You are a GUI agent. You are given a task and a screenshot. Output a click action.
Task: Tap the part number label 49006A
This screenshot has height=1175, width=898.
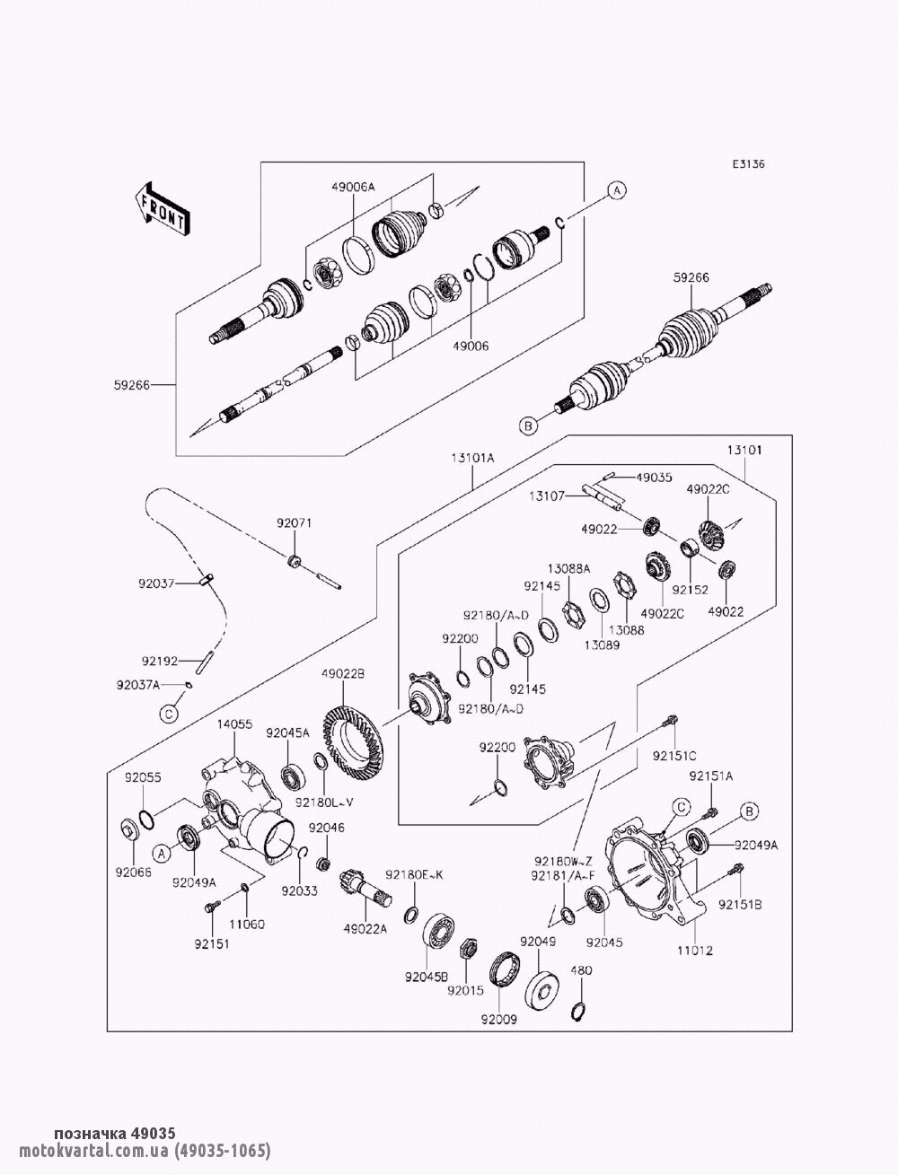[353, 187]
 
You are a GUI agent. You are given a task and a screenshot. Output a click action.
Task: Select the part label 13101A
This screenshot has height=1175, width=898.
[473, 457]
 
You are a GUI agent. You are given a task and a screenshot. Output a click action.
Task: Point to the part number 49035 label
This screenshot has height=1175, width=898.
[654, 477]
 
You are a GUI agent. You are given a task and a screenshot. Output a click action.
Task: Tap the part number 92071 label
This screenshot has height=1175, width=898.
[293, 520]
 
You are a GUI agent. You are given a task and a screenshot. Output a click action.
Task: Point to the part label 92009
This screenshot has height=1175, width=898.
[498, 1019]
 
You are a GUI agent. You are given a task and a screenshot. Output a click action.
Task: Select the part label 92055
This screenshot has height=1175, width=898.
[143, 777]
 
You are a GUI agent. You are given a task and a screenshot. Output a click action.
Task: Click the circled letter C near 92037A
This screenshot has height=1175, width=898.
[169, 715]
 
